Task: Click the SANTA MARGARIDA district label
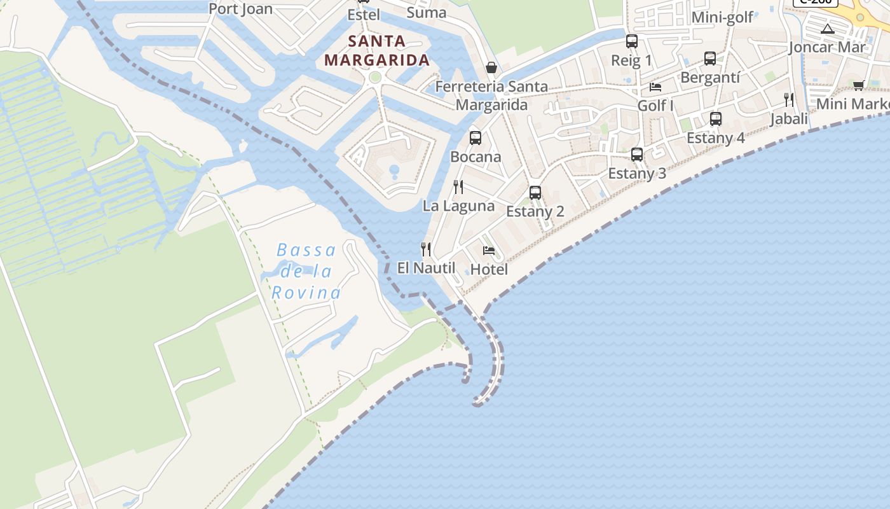pos(376,51)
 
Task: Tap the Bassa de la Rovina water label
pos(307,272)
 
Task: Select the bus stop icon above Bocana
pos(475,137)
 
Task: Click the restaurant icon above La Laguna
pos(458,186)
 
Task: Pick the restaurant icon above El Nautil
pos(426,249)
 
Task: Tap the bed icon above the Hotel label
pos(488,250)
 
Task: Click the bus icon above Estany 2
pos(535,192)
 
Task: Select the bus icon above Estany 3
pos(637,154)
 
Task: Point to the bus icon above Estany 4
pos(716,118)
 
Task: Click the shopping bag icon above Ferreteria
pos(491,67)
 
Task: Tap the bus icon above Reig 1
pos(631,41)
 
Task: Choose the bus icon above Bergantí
pos(710,59)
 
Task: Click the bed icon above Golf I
pos(655,87)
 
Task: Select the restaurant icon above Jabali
pos(789,99)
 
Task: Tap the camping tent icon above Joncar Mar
pos(827,29)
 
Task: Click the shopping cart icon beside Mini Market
pos(858,85)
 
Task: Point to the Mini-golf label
pos(722,17)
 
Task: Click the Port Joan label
pos(240,9)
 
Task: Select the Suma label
pos(427,13)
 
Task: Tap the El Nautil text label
pos(426,268)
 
